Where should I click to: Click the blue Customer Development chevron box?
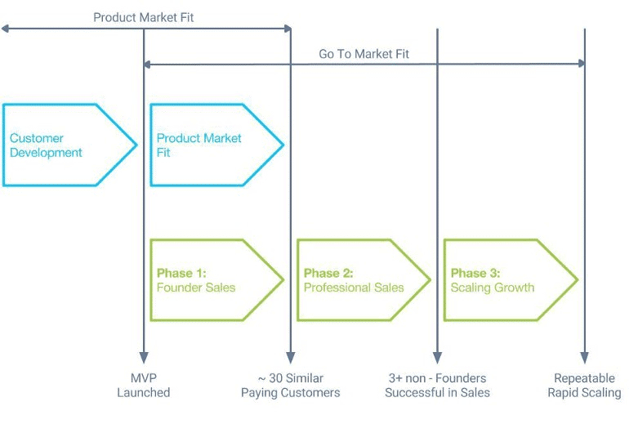(x=65, y=145)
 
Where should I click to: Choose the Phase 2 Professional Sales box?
(x=360, y=280)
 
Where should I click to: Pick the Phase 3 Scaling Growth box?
(x=507, y=280)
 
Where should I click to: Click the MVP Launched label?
(x=143, y=386)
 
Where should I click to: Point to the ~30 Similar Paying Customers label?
(x=290, y=386)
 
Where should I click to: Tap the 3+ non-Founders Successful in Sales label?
(x=437, y=386)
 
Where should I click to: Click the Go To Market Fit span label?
(x=364, y=54)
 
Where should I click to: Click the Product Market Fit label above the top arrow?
(x=144, y=17)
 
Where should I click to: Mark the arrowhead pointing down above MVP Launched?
(x=144, y=357)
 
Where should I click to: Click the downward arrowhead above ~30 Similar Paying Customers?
(x=290, y=357)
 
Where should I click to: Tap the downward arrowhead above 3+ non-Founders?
(x=437, y=357)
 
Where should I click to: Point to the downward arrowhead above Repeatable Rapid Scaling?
(x=585, y=357)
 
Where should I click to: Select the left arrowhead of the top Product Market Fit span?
(x=5, y=29)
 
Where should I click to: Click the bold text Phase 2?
(x=328, y=273)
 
